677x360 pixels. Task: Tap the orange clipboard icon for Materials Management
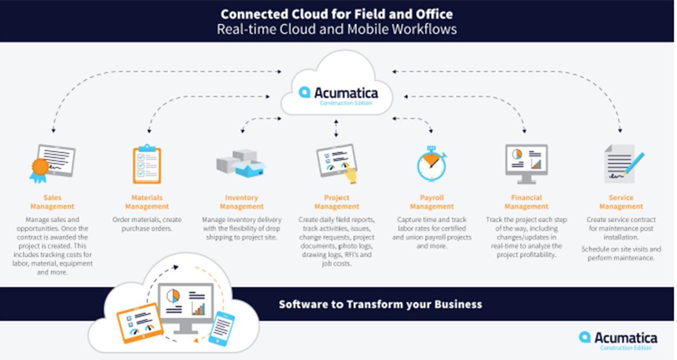pyautogui.click(x=147, y=164)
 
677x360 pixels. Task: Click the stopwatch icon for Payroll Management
pyautogui.click(x=432, y=164)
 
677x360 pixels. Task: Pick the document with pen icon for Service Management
pyautogui.click(x=622, y=163)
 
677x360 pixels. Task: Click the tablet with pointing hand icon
pyautogui.click(x=337, y=164)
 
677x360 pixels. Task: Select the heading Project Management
pyautogui.click(x=337, y=202)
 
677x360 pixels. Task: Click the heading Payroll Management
pyautogui.click(x=432, y=202)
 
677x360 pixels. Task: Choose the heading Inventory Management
pyautogui.click(x=241, y=202)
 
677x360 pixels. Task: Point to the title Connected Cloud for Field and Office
pyautogui.click(x=337, y=14)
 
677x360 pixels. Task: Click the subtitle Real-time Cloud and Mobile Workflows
pyautogui.click(x=337, y=29)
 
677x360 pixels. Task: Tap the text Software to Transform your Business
pyautogui.click(x=380, y=304)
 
